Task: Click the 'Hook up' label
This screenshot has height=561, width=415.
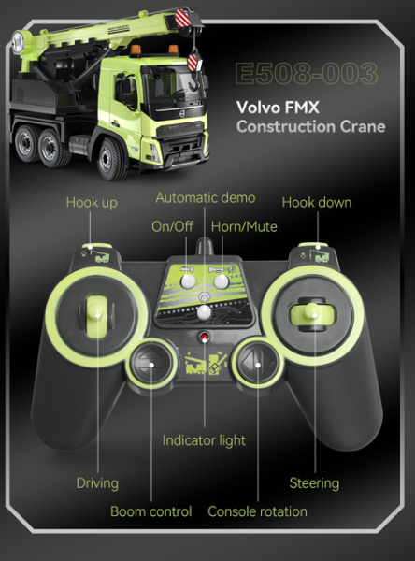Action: coord(92,203)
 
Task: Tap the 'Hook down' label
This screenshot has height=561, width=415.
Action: coord(317,203)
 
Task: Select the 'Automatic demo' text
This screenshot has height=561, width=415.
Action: coord(206,198)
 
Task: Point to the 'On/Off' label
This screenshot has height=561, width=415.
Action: coord(172,226)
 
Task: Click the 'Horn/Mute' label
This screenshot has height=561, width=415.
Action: coord(244,226)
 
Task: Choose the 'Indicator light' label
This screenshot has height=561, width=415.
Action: coord(204,440)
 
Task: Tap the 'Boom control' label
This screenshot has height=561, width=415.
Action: coord(151,511)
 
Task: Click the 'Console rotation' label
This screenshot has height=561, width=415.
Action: coord(257,511)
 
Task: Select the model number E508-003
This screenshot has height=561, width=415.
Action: coord(307,74)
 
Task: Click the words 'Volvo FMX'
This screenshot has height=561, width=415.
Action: coord(278,108)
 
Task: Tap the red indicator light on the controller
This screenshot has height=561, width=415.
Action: coord(205,337)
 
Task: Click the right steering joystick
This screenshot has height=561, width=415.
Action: coord(313,314)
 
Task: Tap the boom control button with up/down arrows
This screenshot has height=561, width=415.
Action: coord(151,365)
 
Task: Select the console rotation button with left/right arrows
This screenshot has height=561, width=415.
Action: coord(258,365)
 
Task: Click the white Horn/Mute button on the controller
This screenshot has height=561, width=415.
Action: coord(222,281)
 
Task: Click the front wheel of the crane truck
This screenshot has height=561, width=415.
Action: coord(111,159)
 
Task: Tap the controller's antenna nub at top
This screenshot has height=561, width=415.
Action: coord(205,246)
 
